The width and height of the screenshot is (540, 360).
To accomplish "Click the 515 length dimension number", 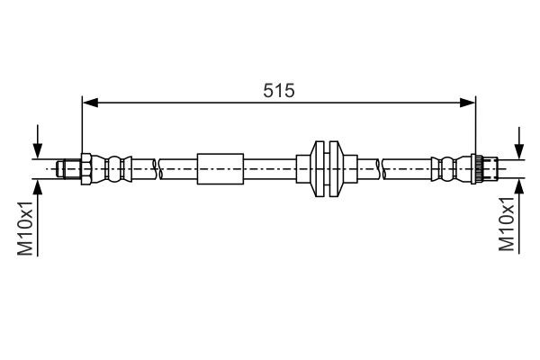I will (x=279, y=90).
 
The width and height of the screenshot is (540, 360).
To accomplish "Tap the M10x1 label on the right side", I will (x=508, y=226).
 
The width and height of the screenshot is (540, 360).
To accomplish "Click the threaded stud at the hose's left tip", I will (x=67, y=167).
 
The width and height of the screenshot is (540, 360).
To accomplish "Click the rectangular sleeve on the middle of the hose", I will (x=220, y=167).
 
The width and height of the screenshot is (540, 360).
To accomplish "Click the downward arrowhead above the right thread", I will (x=519, y=151).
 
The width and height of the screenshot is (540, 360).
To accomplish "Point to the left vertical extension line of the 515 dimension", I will (x=82, y=126).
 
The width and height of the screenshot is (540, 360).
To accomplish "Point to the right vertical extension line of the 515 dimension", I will (x=476, y=126).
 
